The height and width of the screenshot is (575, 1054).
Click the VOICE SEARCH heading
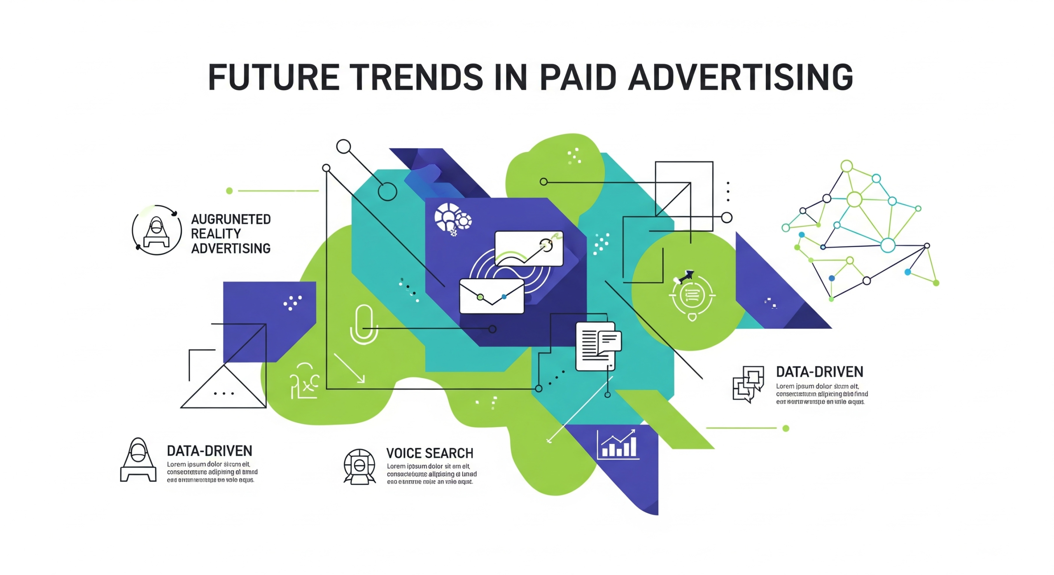click(429, 453)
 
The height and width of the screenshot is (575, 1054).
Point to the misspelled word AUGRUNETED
click(231, 219)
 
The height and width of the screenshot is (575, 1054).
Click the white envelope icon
click(492, 296)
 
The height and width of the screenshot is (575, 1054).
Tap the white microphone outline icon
click(364, 324)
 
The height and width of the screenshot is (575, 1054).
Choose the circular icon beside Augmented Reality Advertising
click(156, 230)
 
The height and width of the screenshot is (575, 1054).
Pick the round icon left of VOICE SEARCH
click(359, 466)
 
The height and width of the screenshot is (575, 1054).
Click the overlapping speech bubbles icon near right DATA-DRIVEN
click(748, 383)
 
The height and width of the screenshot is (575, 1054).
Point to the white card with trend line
click(529, 248)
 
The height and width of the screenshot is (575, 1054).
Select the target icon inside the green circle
click(692, 295)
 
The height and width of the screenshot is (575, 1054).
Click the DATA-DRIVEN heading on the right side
click(819, 372)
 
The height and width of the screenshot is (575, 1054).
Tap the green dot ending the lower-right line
click(786, 428)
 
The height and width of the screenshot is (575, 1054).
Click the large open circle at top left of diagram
click(343, 146)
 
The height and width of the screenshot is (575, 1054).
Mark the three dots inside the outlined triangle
click(224, 393)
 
